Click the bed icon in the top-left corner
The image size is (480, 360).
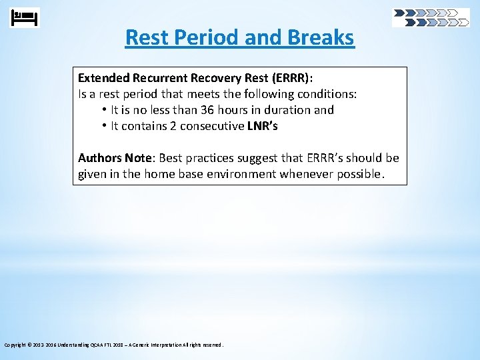[x=25, y=17]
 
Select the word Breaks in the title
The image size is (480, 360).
[x=321, y=37]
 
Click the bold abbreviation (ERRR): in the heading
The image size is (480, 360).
[x=290, y=78]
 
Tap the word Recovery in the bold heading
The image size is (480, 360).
[x=205, y=78]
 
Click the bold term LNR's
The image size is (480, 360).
[x=263, y=126]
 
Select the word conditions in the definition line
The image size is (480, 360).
[x=327, y=94]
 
